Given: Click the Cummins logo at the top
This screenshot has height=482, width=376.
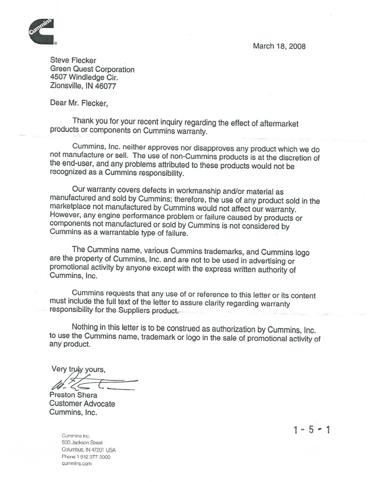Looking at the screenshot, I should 41,32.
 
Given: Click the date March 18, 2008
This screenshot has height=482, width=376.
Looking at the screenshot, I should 279,47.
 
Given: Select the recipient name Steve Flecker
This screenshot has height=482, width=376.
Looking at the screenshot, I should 73,61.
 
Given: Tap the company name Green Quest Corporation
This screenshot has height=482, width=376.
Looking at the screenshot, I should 92,69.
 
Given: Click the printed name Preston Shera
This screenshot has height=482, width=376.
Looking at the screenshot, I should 73,395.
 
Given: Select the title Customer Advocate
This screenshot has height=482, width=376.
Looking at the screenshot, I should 82,403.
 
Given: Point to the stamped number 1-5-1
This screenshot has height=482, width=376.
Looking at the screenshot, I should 311,429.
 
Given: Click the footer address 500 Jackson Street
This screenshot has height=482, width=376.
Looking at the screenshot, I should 82,443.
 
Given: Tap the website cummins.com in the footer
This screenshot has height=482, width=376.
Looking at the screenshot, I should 77,463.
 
